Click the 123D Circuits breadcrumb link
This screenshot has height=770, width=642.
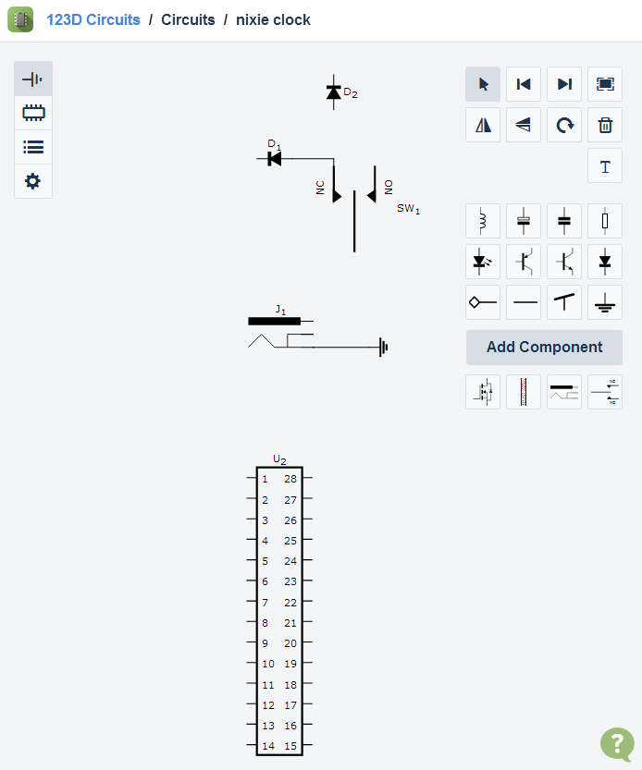click(93, 19)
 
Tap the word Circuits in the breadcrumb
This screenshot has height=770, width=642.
click(188, 19)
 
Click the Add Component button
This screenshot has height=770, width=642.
click(544, 348)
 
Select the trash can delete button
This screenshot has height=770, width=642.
click(605, 125)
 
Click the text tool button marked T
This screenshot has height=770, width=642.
click(605, 166)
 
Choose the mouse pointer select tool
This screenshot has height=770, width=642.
click(483, 84)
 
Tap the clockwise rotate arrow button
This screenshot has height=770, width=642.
click(564, 125)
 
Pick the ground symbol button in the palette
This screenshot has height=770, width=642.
click(605, 302)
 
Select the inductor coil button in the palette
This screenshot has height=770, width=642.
click(483, 221)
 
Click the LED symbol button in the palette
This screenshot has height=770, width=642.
click(483, 262)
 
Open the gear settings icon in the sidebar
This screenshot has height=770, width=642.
click(33, 181)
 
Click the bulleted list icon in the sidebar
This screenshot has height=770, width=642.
click(33, 147)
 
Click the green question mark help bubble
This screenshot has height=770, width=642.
click(617, 743)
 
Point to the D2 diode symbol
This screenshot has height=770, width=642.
click(334, 92)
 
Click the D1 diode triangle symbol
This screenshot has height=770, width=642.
click(275, 159)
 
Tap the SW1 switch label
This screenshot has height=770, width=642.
click(408, 209)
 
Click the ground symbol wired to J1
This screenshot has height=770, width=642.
click(383, 348)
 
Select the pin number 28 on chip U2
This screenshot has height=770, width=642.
click(290, 479)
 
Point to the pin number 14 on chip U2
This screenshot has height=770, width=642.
click(268, 746)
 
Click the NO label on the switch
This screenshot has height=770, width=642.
click(389, 187)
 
